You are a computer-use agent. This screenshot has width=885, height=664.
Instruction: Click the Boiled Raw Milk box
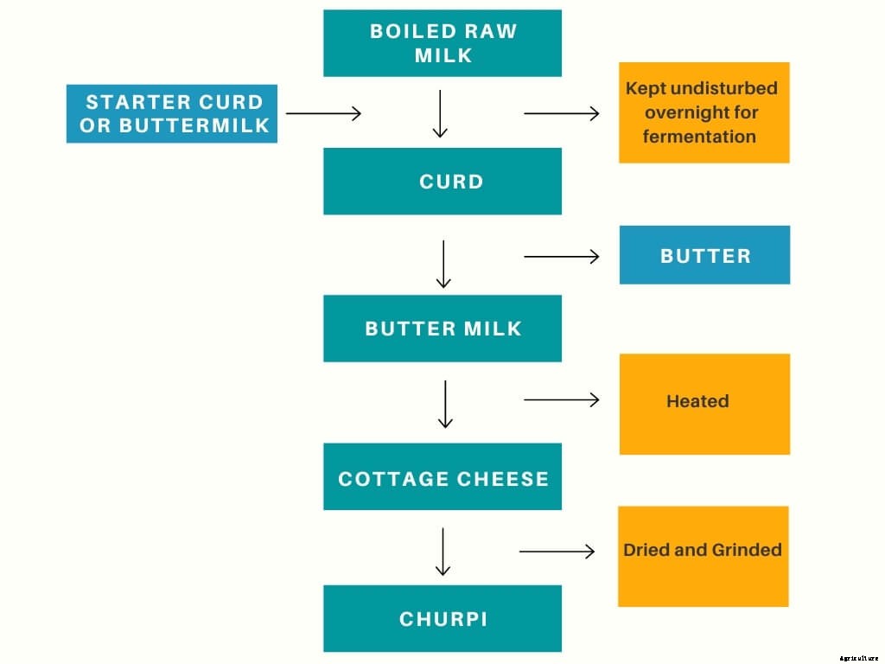point(442,43)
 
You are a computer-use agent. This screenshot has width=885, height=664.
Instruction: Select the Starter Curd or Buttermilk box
point(172,113)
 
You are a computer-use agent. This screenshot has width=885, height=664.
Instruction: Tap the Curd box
point(442,182)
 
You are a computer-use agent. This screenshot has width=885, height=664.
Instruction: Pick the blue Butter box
point(704,255)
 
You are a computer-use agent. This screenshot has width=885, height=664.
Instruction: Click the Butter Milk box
point(442,329)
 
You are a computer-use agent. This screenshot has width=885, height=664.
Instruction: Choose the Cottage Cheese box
point(442,477)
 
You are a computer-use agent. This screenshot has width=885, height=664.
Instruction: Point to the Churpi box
point(442,619)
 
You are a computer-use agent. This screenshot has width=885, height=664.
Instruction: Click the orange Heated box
point(704,404)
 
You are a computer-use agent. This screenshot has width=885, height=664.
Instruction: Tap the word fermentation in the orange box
point(699,137)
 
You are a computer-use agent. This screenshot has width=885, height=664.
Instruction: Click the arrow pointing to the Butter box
point(562,256)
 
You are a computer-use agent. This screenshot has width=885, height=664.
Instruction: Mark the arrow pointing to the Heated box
point(562,399)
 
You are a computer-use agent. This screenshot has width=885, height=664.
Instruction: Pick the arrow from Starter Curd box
point(323,113)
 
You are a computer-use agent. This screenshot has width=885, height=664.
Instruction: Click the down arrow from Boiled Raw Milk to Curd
point(440,114)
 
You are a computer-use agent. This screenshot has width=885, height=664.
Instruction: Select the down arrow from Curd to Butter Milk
point(443,264)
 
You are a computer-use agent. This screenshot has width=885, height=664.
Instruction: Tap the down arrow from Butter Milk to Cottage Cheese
point(445,405)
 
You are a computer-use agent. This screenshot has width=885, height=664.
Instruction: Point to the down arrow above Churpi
point(442,552)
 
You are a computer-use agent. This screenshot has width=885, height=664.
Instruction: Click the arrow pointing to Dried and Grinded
point(557,552)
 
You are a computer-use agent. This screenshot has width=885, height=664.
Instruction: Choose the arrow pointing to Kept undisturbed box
point(562,113)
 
